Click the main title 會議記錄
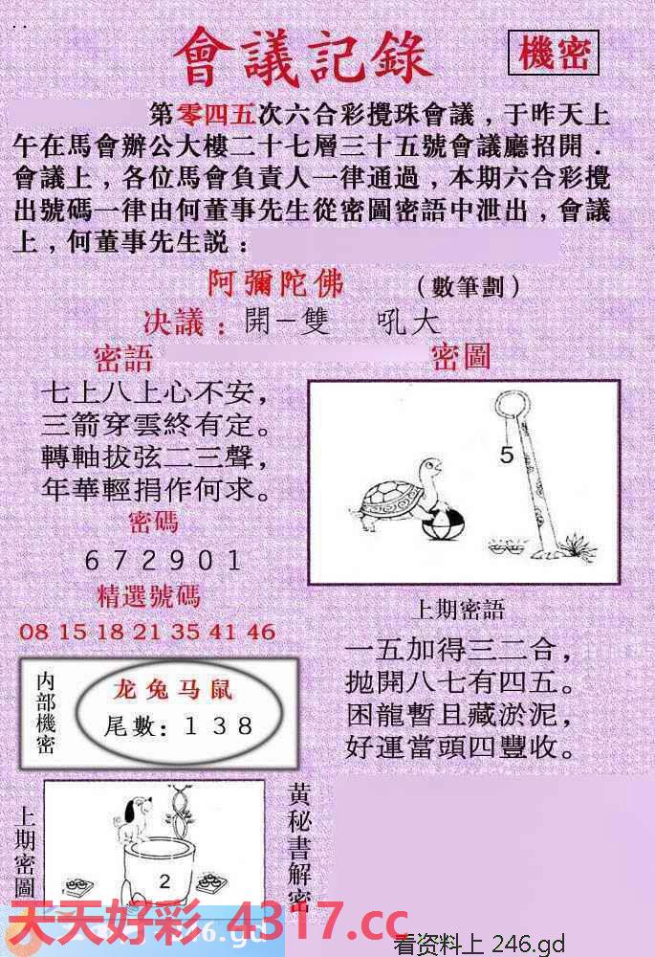click(x=303, y=56)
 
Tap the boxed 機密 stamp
click(x=554, y=54)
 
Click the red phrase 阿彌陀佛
click(x=275, y=283)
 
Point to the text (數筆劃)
click(x=469, y=286)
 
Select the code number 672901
click(x=163, y=559)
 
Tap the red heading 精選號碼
click(x=149, y=596)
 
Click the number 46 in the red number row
click(x=260, y=632)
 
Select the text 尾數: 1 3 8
click(x=179, y=726)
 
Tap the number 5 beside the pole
click(x=506, y=456)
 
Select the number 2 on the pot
click(x=164, y=880)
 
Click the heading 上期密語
click(x=458, y=610)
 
